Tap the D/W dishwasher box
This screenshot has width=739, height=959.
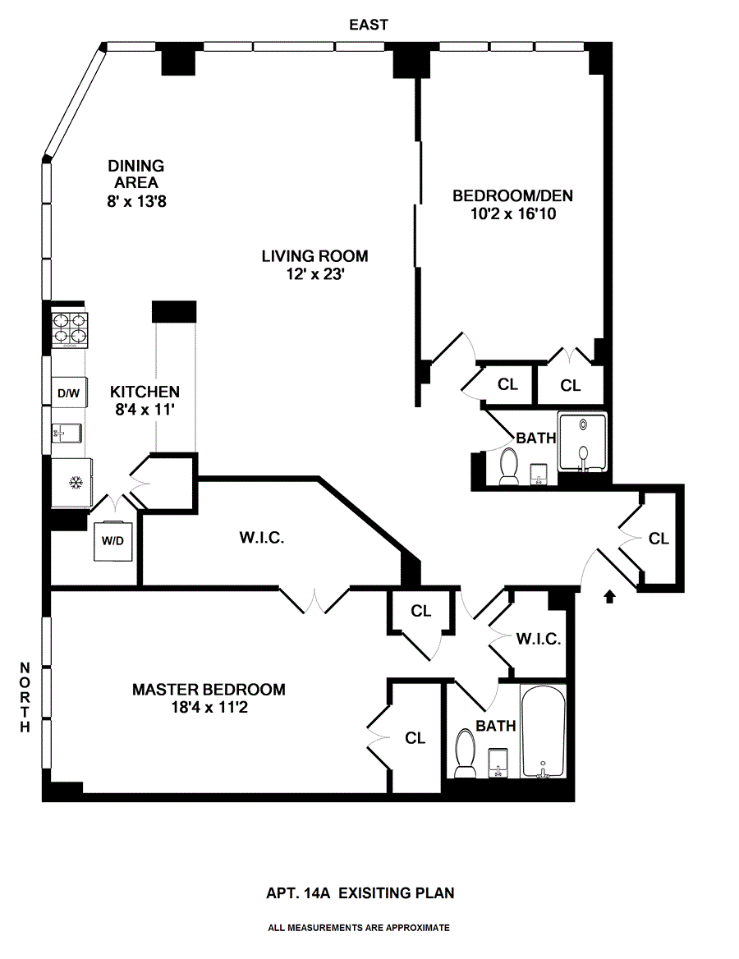pos(68,393)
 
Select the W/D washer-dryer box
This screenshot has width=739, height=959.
pos(112,541)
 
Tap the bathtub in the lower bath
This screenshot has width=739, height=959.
pos(542,732)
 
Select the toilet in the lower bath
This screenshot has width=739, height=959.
pos(466,754)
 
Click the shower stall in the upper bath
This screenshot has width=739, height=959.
pos(583,442)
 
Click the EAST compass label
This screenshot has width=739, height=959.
pos(369,25)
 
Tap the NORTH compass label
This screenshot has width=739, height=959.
pos(25,697)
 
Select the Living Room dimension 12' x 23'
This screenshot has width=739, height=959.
pos(314,276)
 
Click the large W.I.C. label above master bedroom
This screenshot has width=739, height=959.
pos(261,539)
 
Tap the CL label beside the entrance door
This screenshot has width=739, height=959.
pos(659,539)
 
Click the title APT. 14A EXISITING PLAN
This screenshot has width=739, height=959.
pos(360,892)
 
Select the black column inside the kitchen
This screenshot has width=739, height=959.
pos(174,311)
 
